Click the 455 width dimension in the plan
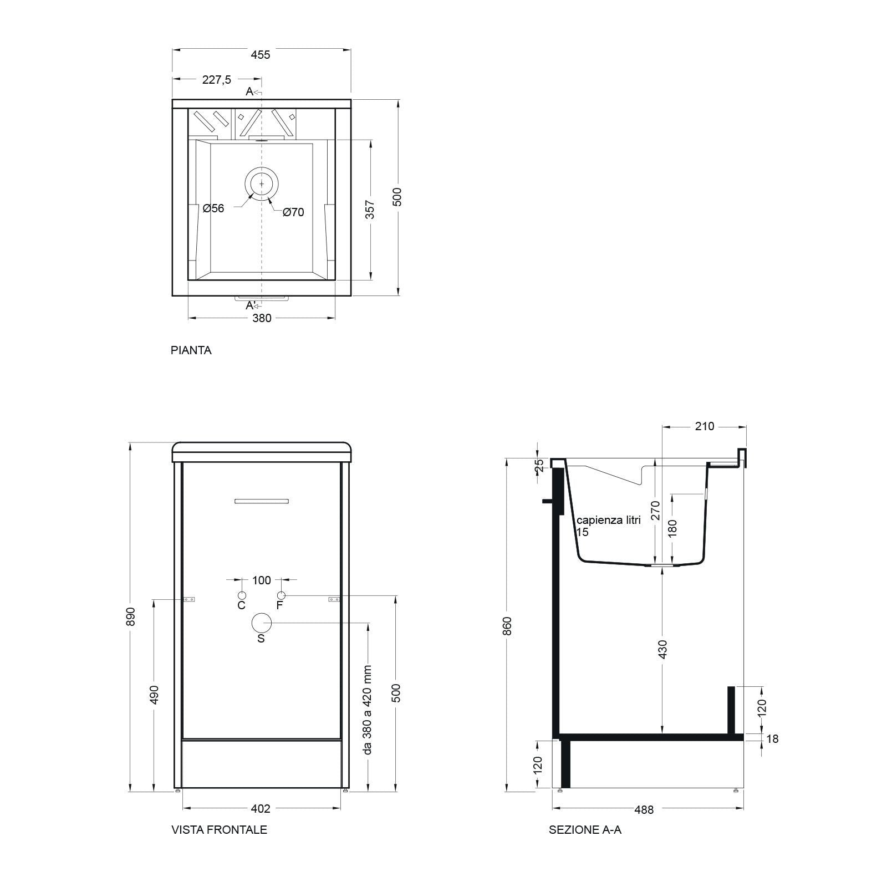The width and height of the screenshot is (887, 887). (x=261, y=54)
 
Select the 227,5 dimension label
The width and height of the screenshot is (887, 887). (x=216, y=80)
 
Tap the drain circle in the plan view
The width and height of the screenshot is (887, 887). (x=262, y=183)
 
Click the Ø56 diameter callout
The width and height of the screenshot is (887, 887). (x=213, y=208)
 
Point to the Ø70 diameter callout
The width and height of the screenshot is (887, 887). (x=293, y=212)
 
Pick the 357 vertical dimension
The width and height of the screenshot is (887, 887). (x=370, y=209)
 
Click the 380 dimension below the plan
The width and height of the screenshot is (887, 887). (x=262, y=318)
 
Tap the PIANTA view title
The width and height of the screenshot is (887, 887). (x=191, y=350)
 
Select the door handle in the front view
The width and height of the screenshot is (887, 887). (x=262, y=501)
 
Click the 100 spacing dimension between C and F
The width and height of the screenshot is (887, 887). (x=262, y=580)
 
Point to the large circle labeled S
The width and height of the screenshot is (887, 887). (x=261, y=623)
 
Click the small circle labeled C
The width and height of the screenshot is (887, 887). (x=242, y=595)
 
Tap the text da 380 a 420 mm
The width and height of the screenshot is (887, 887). (x=367, y=710)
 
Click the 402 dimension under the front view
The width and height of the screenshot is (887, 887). (x=261, y=809)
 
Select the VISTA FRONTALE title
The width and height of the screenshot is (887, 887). (x=219, y=830)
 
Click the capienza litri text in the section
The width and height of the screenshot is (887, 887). (x=609, y=520)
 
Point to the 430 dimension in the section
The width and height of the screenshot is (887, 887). (x=663, y=649)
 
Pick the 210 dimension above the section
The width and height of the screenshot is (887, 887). (x=704, y=426)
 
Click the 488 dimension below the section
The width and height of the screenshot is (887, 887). (x=644, y=810)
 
